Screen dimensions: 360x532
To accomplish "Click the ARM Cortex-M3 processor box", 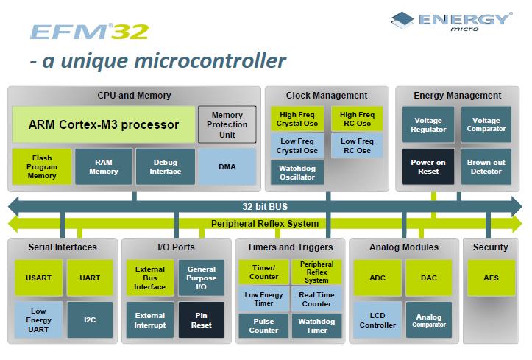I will (103, 124).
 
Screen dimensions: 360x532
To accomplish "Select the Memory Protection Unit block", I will (227, 124).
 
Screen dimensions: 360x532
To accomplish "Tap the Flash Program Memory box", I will (41, 166).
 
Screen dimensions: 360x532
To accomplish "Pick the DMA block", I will (227, 166).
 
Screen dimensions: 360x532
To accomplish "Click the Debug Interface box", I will (166, 166).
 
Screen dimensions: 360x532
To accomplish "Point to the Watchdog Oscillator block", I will (297, 172).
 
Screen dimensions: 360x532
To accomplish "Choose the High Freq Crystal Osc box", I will (297, 119).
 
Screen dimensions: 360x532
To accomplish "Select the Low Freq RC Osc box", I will (358, 146).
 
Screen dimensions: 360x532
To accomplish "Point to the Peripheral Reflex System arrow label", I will (265, 223).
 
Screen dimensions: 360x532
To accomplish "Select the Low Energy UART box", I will (39, 320).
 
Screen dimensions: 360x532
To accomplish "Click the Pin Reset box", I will (202, 320).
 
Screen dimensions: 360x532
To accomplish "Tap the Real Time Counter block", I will (316, 299).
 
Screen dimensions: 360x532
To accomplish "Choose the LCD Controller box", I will (377, 320).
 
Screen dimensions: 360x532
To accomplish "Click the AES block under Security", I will (490, 278).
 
